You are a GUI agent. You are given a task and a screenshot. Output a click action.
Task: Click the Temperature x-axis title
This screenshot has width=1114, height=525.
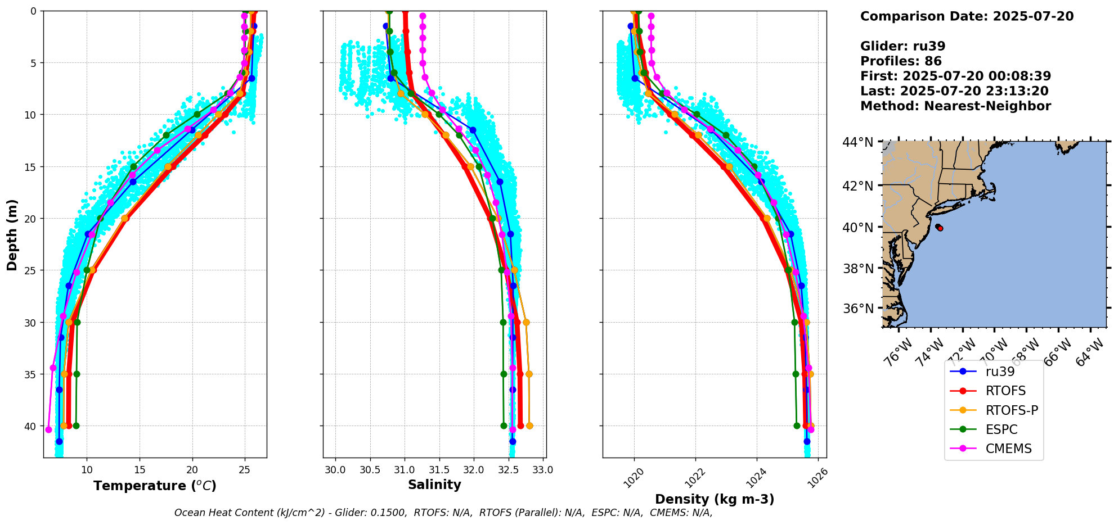point(155,486)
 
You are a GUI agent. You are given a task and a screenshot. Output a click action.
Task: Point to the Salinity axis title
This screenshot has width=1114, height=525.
point(434,485)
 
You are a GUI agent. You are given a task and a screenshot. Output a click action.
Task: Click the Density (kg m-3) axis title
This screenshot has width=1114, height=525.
point(715,499)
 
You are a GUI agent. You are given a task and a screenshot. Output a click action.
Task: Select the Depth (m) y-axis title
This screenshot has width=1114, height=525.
point(12,234)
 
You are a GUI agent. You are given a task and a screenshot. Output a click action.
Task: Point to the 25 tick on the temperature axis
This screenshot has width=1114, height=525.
point(245,470)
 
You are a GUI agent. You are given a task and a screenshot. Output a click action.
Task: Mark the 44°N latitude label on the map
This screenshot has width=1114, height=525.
point(858,142)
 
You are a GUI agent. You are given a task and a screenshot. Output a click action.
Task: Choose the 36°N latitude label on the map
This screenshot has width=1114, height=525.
point(858,309)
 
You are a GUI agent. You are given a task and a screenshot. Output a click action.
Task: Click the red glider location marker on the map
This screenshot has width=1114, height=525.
point(939,228)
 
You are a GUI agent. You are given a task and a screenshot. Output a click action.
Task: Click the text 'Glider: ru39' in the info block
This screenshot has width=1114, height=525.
point(902,47)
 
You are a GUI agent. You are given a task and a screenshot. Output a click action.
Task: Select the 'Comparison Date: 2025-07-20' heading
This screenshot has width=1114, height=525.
point(967,16)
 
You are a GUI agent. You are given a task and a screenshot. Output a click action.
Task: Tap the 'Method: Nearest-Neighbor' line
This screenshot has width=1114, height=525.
point(955,106)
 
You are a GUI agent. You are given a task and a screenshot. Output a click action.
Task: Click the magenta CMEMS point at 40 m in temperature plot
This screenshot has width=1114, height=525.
point(48,429)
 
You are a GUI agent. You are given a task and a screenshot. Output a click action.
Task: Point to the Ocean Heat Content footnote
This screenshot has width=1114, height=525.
point(443,513)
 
